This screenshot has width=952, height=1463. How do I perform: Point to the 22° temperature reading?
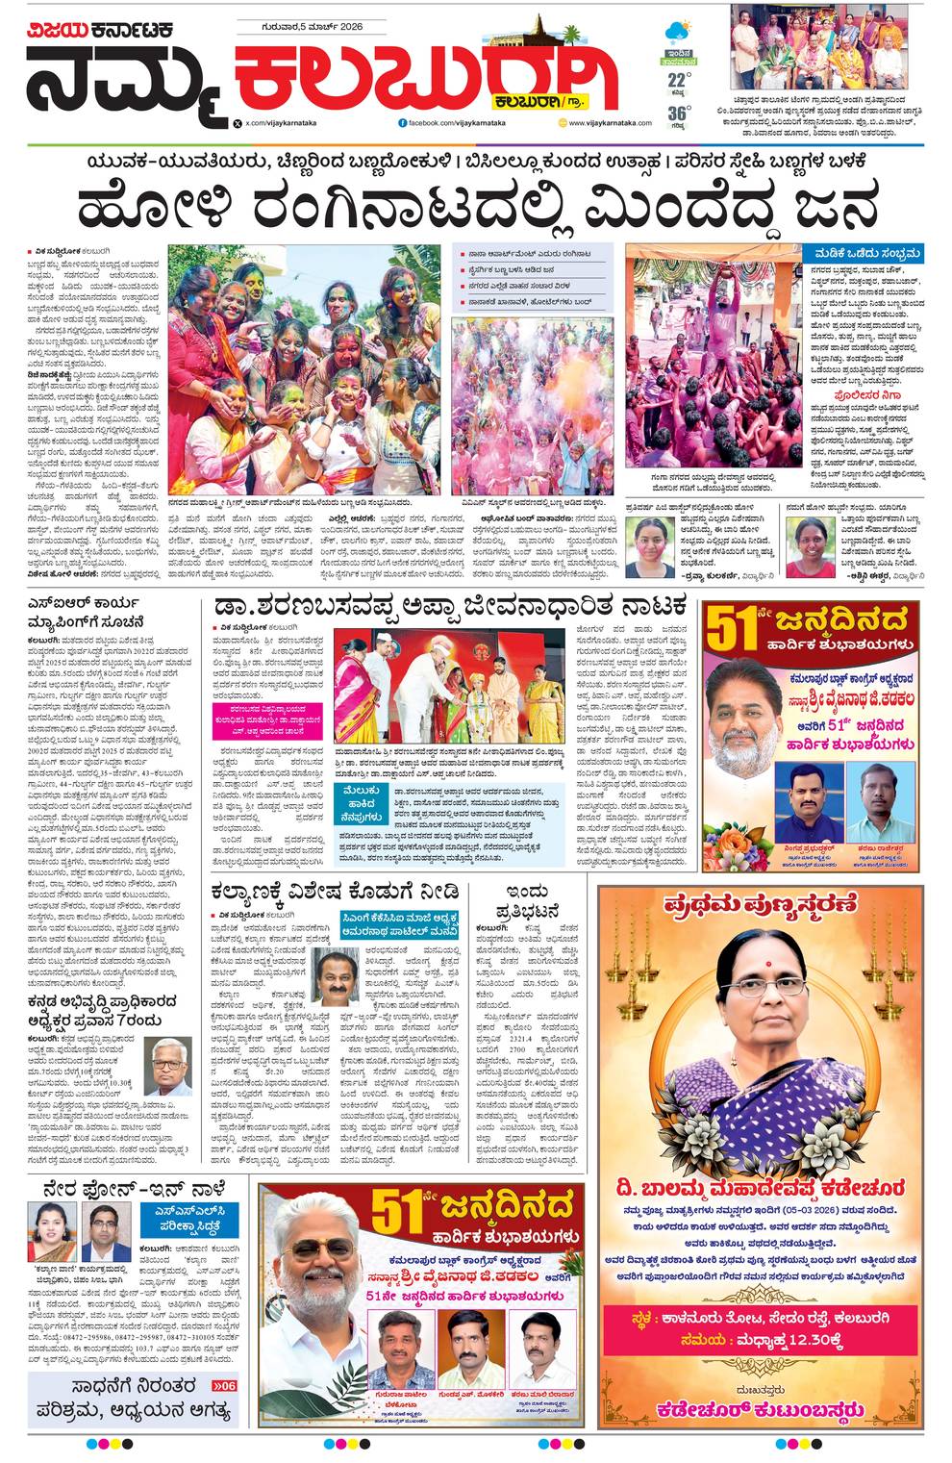(679, 81)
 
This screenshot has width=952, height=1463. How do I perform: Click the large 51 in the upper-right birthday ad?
(733, 630)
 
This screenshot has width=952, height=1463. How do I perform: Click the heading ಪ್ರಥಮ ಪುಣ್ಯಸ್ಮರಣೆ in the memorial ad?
(760, 904)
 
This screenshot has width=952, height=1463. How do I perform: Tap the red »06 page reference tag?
(220, 1386)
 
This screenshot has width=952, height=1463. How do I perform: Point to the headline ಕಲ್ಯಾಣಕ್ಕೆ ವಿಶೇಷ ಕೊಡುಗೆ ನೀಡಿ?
(335, 892)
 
